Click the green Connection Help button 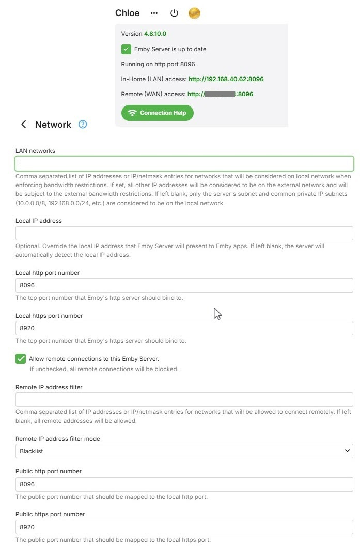point(158,113)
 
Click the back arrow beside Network point(23,125)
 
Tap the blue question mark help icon point(83,125)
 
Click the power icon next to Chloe point(174,13)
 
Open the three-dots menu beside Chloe point(154,13)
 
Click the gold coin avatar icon point(194,13)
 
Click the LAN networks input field point(184,164)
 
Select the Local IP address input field point(184,233)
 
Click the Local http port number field point(184,285)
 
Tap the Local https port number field point(184,328)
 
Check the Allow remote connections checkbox point(21,359)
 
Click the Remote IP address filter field point(184,400)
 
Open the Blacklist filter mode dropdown point(184,451)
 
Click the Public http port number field point(184,484)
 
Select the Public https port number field point(184,527)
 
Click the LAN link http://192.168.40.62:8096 point(226,79)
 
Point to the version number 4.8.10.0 point(155,34)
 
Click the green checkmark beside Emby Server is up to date point(126,49)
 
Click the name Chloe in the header point(128,13)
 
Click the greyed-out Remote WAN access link point(220,94)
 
